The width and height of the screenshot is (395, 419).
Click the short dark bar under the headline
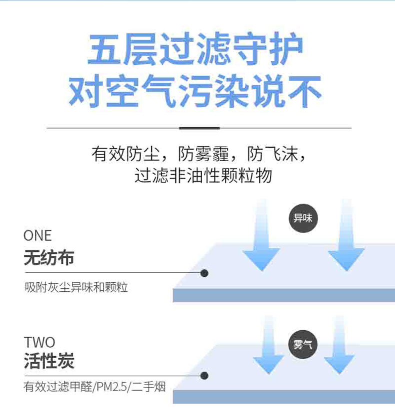[x=199, y=128]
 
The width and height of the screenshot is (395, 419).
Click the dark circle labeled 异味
[x=303, y=218]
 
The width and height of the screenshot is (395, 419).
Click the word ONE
[x=37, y=235]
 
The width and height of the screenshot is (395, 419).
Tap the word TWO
[x=39, y=343]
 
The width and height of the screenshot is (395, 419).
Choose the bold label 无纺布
[x=49, y=257]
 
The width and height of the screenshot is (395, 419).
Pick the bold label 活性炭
[x=49, y=361]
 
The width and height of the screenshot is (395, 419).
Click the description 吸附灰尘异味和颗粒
[x=76, y=288]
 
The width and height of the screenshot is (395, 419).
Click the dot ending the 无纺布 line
[x=204, y=273]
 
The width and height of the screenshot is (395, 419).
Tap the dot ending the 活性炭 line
[x=204, y=376]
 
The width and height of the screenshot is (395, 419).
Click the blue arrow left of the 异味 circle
[x=261, y=239]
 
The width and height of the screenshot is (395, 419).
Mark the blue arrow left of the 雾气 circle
[x=268, y=349]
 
